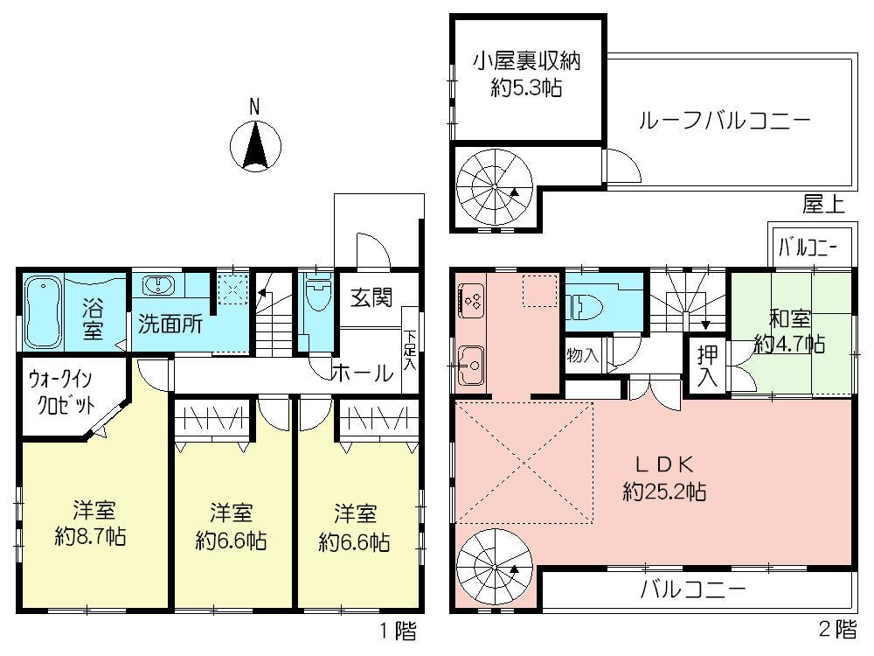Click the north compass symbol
click(x=254, y=145)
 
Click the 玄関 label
click(x=371, y=297)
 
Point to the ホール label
click(x=360, y=373)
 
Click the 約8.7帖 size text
click(x=89, y=536)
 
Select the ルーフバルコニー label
click(x=725, y=120)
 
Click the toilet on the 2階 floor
click(x=587, y=305)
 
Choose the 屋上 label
click(x=823, y=205)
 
